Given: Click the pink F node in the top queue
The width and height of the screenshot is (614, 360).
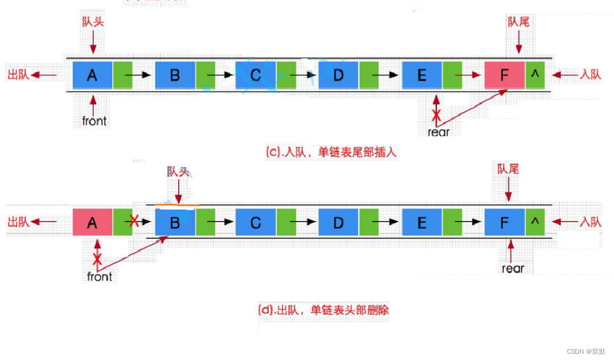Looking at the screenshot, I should click(504, 75).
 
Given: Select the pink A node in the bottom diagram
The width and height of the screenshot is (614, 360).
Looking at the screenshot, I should click(92, 222).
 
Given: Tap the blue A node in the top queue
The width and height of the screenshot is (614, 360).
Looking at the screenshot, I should click(92, 75).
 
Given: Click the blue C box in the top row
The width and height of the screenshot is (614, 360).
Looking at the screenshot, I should click(255, 75).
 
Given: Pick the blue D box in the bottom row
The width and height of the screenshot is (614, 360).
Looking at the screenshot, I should click(338, 222).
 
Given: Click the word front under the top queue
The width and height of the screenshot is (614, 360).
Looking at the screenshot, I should click(94, 120).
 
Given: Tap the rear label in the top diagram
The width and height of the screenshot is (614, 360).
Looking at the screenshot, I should click(439, 131).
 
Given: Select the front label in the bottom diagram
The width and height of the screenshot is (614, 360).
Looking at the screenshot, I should click(99, 277).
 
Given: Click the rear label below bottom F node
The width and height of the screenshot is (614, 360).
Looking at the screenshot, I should click(513, 268).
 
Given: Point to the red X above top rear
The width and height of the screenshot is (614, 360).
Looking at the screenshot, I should click(436, 115).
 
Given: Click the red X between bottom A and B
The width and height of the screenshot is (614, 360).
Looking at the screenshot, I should click(134, 221).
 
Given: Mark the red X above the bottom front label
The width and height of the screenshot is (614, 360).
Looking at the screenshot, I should click(97, 260).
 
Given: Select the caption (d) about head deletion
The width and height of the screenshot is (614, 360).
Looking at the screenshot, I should click(324, 310).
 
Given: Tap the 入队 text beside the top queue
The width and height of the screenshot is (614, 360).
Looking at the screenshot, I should click(590, 75).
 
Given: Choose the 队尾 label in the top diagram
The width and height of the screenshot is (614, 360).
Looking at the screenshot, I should click(518, 22).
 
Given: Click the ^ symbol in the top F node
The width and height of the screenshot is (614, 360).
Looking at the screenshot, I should click(535, 74).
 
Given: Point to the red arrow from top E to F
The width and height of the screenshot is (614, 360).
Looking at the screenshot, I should click(467, 74).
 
